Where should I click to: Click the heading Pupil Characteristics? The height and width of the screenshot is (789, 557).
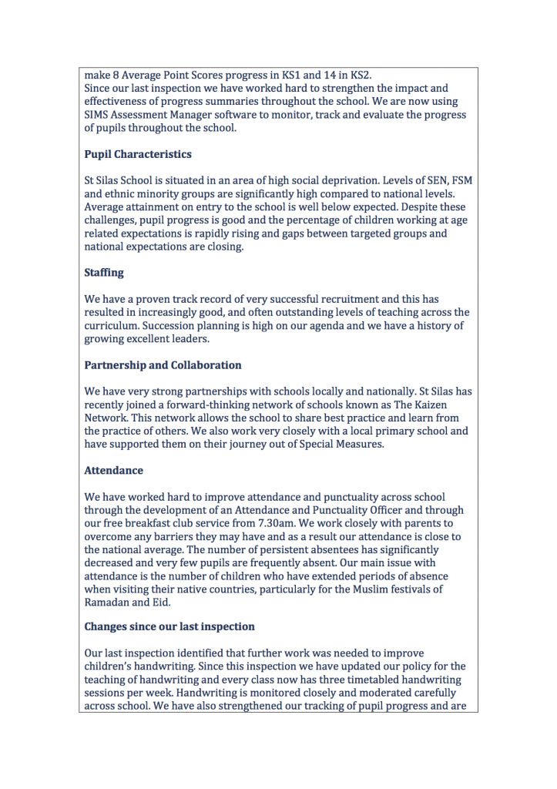[138, 154]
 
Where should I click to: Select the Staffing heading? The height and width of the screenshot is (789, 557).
[104, 273]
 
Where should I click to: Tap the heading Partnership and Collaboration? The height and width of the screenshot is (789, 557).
[163, 365]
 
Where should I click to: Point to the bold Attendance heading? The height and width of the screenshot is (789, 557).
[113, 470]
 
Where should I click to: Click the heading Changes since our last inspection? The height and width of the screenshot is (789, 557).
[169, 626]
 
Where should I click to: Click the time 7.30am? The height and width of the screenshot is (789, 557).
[286, 523]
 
